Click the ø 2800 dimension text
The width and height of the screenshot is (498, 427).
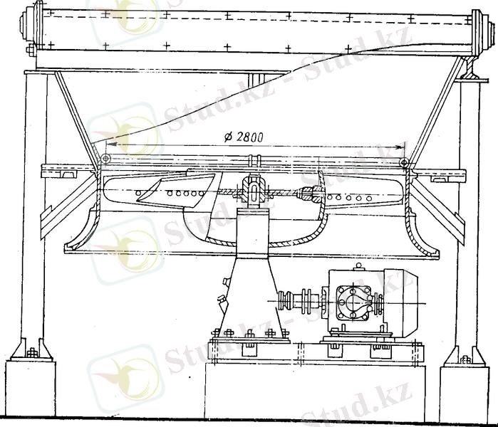pos(244,137)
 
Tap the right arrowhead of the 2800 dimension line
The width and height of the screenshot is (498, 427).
pos(398,147)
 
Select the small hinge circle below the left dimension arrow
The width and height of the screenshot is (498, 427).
pos(105,158)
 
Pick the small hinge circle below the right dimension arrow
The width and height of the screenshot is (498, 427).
pos(404,163)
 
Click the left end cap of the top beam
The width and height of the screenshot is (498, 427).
pos(26,26)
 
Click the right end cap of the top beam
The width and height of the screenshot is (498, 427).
pos(481,29)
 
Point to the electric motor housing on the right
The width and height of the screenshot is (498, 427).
pos(401,302)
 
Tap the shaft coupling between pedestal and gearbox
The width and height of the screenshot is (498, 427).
pos(299,302)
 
